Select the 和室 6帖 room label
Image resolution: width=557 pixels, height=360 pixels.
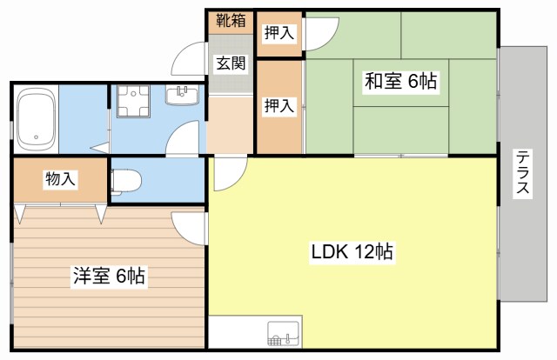[400, 83]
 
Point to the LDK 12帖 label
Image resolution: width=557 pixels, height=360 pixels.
[352, 253]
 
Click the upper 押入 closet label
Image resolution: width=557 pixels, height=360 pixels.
[278, 32]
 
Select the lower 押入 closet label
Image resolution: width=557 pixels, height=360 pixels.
[278, 106]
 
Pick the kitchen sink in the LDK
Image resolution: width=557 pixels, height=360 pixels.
[283, 333]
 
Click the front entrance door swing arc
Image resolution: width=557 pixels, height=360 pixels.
[188, 61]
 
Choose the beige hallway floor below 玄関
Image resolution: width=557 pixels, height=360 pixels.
[230, 126]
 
